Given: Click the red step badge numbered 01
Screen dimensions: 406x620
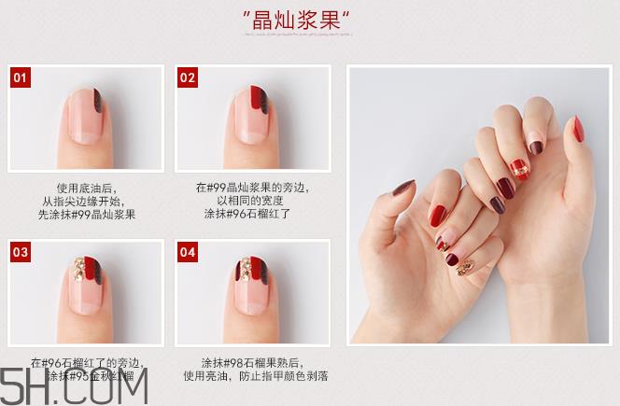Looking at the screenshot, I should coord(21,77).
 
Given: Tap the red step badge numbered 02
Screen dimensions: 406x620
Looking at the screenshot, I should coord(187,77).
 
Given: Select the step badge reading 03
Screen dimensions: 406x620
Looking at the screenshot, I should coord(21,252).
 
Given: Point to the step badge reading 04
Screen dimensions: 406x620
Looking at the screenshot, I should coord(187,252).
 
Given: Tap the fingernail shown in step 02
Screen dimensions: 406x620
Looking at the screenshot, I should coord(249,112).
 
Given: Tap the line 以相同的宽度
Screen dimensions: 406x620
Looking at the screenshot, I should coord(249,200).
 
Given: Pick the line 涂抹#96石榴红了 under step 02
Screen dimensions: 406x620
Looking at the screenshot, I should coord(249,214).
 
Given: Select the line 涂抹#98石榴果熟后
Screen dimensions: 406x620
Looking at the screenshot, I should coord(249,362).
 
